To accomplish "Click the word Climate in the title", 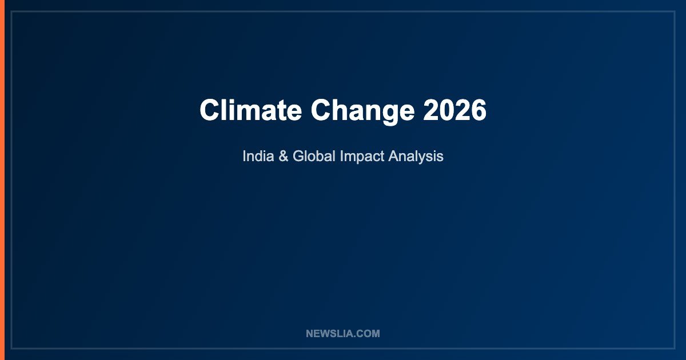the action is point(251,110).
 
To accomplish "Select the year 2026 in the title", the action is point(455,110).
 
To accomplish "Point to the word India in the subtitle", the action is point(258,156).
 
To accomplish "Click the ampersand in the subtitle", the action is point(284,156).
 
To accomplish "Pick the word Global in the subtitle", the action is point(314,156).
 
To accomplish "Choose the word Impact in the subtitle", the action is point(362,157).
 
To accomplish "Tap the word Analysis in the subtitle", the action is point(416,157).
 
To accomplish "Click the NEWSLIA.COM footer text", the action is point(343,334).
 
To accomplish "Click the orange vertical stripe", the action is point(2,180).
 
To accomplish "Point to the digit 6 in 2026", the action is point(478,110).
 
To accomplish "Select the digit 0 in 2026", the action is point(447,110).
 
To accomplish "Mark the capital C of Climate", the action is point(210,110).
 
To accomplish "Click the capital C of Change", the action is point(321,110).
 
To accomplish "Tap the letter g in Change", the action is point(388,115).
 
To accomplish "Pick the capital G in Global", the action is point(299,156).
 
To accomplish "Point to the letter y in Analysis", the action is point(425,159).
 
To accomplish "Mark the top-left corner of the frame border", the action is point(11,11).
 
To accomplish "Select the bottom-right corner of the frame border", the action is point(675,349).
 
